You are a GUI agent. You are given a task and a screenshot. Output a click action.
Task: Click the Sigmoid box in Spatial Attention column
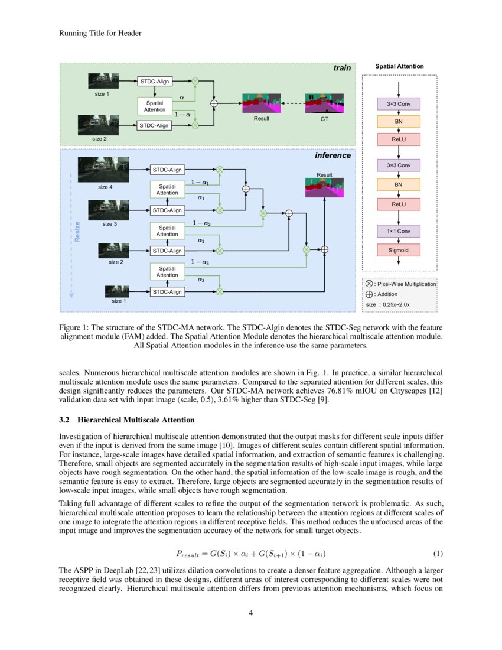(x=399, y=250)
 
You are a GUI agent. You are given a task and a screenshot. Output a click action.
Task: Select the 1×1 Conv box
(x=399, y=230)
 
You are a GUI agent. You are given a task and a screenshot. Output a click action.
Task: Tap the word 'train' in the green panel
(x=341, y=68)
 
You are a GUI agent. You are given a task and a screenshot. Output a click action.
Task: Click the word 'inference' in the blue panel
(x=332, y=155)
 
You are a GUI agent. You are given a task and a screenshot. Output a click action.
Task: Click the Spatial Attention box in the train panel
(x=155, y=106)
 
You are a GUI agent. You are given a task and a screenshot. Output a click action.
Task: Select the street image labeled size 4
(x=103, y=170)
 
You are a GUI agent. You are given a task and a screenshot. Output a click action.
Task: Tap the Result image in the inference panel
(x=324, y=187)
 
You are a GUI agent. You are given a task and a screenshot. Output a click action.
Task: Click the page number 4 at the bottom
(x=251, y=612)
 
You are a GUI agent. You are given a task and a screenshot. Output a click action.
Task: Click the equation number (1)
(x=438, y=554)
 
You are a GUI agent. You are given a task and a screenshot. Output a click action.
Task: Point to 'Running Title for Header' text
(x=100, y=34)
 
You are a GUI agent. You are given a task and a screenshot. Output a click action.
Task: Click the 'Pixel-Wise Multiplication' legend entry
(x=405, y=284)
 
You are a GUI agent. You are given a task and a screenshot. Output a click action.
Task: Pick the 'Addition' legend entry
(x=387, y=294)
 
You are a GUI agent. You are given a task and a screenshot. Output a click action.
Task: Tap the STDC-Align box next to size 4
(x=167, y=170)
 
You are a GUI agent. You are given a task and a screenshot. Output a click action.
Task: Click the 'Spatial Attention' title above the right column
(x=399, y=66)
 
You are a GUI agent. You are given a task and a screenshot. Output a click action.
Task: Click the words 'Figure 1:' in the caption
(x=75, y=327)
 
